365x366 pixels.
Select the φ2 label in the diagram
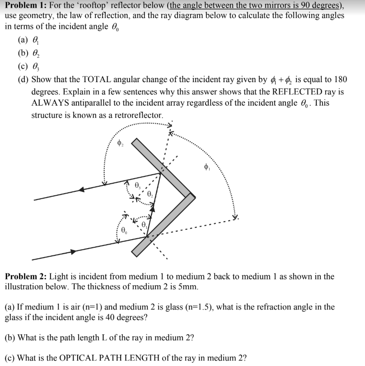120,144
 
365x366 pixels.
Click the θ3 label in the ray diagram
138,186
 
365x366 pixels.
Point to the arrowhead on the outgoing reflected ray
81,190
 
